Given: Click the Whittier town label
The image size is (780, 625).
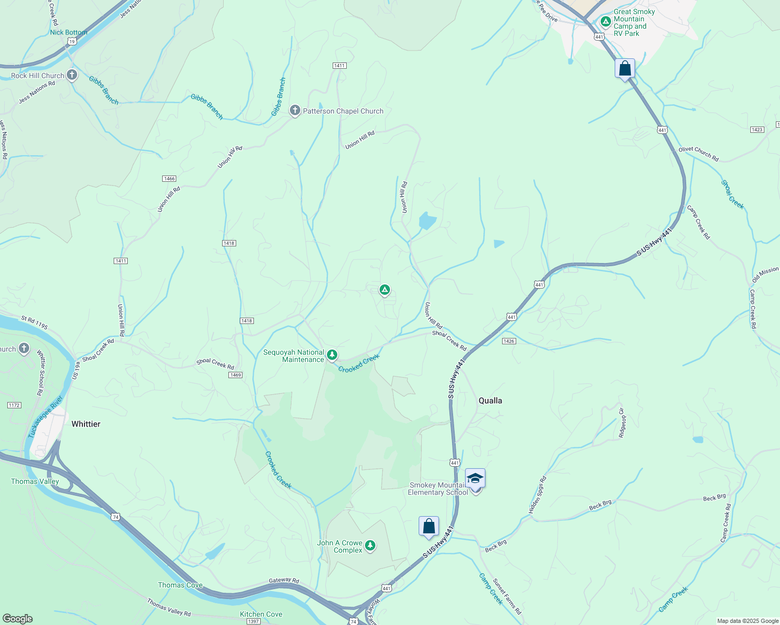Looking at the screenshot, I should tap(86, 424).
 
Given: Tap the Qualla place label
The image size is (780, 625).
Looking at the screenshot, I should tap(490, 401).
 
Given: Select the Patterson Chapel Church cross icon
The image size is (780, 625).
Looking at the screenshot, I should tap(295, 110).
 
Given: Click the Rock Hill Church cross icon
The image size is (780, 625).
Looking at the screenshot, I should tap(72, 75).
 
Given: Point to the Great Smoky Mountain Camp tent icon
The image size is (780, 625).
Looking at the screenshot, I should tap(605, 22).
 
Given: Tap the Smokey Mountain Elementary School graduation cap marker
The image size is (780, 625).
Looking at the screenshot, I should tap(475, 478).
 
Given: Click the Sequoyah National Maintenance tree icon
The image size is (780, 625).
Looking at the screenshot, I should tap(332, 356).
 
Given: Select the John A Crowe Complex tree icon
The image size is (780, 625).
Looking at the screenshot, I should tap(370, 546).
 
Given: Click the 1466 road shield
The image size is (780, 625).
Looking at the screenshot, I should tap(169, 179).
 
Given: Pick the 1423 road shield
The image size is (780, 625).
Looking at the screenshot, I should tap(757, 130).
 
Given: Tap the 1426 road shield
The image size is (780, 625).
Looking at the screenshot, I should tap(509, 341).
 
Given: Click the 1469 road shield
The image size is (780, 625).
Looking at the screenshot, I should tap(235, 375).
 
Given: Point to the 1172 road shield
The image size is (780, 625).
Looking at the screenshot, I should tap(14, 405).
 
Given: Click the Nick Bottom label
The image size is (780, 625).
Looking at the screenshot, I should tap(68, 32).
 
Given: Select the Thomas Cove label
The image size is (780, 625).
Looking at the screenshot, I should tap(180, 585).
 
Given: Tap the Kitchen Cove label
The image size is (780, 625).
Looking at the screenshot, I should tap(261, 614).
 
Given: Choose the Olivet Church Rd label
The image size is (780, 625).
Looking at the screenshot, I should tap(698, 154).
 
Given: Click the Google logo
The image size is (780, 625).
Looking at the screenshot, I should tap(17, 619).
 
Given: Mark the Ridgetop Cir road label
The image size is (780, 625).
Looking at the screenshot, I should tap(621, 423).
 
